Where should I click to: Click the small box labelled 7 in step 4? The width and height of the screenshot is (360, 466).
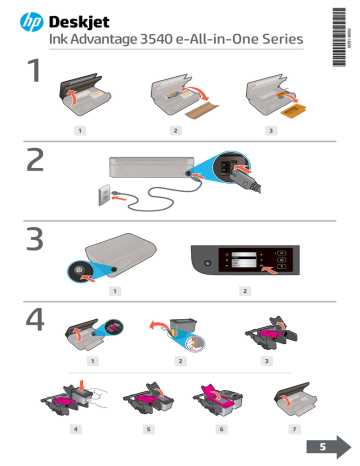295,428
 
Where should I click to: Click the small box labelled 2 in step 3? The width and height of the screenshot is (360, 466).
245,290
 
